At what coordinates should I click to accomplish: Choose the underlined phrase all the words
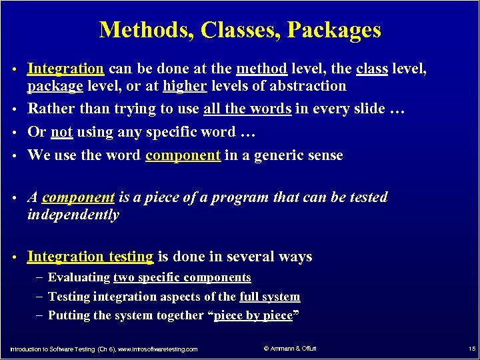[247, 109]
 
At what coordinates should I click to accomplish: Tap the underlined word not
[61, 132]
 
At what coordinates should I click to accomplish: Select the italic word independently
[73, 215]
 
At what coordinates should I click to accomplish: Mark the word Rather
[51, 109]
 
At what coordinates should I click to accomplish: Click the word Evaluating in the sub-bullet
[79, 277]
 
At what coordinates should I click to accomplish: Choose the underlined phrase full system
[269, 297]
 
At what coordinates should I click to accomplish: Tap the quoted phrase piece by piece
[253, 315]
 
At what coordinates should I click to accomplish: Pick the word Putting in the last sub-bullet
[70, 315]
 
